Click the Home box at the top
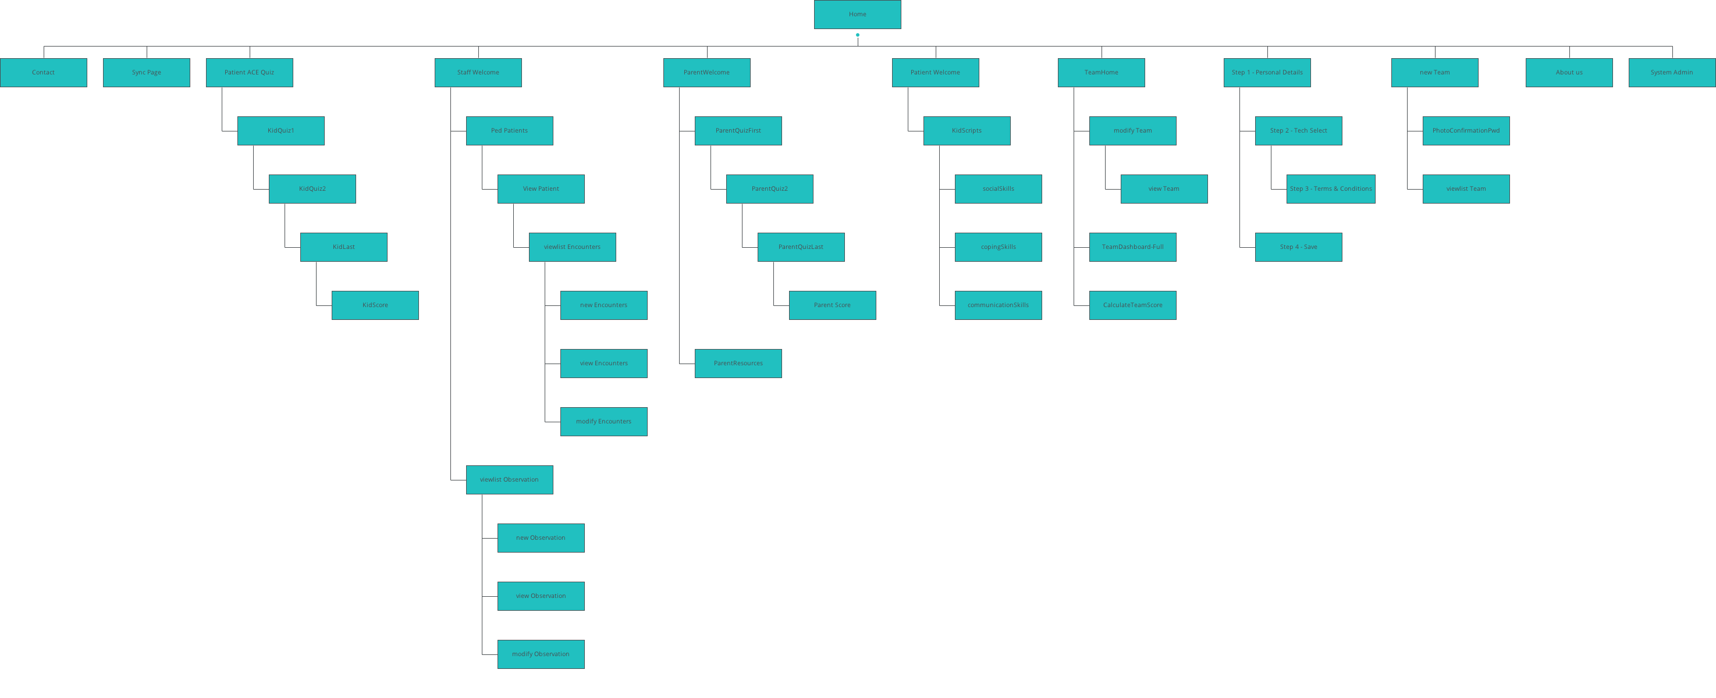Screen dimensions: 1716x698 857,15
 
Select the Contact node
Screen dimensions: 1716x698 43,73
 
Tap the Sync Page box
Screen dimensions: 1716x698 147,73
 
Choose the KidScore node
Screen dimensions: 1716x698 375,305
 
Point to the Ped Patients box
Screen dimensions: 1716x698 510,130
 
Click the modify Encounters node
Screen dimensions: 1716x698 603,422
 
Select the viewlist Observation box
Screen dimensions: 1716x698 510,479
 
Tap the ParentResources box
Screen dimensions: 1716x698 738,364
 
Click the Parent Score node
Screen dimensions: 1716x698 832,305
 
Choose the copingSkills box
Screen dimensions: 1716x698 998,247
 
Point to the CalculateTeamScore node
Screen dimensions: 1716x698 1132,305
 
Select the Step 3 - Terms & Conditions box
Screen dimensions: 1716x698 1330,189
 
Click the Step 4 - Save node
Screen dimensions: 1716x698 1298,247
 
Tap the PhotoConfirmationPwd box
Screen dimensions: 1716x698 1466,130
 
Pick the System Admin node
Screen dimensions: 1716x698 1671,73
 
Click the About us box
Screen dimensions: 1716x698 1569,73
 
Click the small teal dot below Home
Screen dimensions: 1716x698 857,35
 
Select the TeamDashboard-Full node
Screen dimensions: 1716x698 1132,247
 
